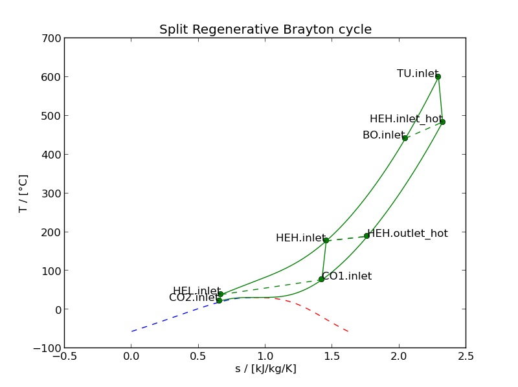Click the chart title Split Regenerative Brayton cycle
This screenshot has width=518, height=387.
tap(265, 30)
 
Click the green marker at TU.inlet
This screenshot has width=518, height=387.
tap(438, 76)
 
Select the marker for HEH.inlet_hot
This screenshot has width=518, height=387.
tap(442, 122)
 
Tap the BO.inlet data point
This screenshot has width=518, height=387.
tap(405, 138)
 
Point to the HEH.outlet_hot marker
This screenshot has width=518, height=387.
tap(366, 236)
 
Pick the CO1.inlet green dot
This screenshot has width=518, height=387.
tap(321, 279)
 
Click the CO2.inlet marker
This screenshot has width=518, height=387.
tap(219, 300)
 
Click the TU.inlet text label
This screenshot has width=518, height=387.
tap(418, 74)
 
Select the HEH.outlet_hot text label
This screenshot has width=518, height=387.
tap(407, 234)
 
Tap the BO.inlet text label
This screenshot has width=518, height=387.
tap(383, 135)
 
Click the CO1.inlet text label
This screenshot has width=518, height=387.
tap(347, 276)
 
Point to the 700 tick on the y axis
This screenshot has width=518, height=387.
tap(54, 38)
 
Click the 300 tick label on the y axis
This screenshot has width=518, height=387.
tap(54, 193)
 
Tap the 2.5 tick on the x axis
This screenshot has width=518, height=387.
tap(466, 355)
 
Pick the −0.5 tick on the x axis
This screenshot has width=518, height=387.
tap(64, 355)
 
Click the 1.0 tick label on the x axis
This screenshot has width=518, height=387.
tap(265, 355)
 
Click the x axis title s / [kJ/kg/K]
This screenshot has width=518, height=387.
tap(265, 369)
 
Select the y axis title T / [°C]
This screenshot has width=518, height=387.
tap(23, 193)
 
